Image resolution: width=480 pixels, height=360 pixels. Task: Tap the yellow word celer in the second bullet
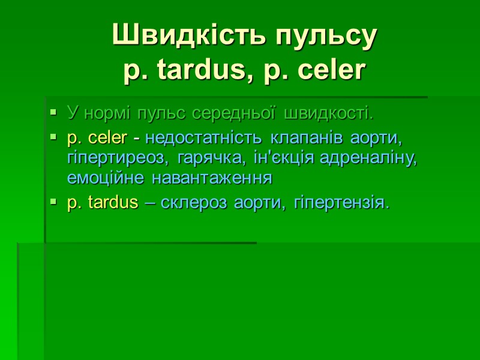[107, 138]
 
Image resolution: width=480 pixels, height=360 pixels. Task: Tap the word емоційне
[107, 178]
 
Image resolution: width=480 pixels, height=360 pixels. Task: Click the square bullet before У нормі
[54, 112]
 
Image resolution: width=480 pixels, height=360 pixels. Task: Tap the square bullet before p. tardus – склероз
[54, 203]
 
